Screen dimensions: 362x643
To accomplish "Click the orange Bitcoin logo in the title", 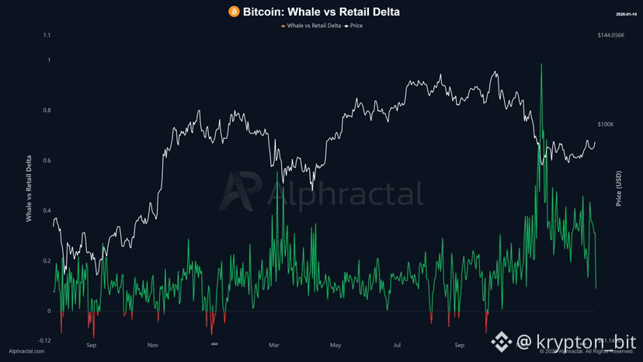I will coord(234,12).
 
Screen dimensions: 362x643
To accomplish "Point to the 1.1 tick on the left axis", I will coord(47,35).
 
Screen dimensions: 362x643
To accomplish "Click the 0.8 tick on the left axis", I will coord(47,110).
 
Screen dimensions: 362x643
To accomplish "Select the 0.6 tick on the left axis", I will coord(47,161).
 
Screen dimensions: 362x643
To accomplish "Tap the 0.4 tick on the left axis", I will coord(47,211).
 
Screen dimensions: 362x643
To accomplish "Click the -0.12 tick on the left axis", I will coord(45,340).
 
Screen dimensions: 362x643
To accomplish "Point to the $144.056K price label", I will coord(611,35).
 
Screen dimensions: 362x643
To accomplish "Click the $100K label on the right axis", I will coord(606,124).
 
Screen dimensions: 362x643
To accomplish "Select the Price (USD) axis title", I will coord(619,189).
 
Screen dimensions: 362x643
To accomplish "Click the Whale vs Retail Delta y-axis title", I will coord(30,189).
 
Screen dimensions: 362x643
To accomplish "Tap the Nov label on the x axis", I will coord(153,344).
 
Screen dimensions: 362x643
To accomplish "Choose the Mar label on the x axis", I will coord(273,344).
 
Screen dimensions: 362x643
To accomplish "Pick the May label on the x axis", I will coord(335,344).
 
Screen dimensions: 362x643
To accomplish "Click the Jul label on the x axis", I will coord(397,344).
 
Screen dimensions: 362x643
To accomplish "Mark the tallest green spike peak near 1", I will coord(540,64).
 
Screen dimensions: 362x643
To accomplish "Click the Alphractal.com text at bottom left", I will coord(28,352).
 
